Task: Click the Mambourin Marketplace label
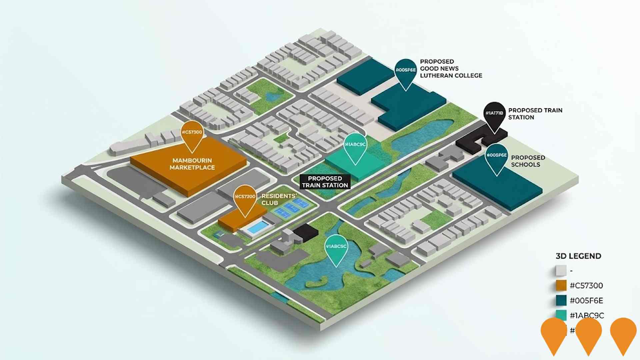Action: coord(192,164)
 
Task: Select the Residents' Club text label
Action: coord(279,199)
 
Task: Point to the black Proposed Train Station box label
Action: coord(325,182)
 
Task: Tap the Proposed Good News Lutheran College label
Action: coord(451,69)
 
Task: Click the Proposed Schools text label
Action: coord(528,161)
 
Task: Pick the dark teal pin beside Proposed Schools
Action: coord(496,158)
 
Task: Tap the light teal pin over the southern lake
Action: coord(336,249)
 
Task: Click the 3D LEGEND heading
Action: coord(578,256)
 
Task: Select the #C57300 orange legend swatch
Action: coord(561,286)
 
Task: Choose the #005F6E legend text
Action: coord(586,301)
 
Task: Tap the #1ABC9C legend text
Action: coord(587,315)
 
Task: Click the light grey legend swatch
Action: coord(561,271)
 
